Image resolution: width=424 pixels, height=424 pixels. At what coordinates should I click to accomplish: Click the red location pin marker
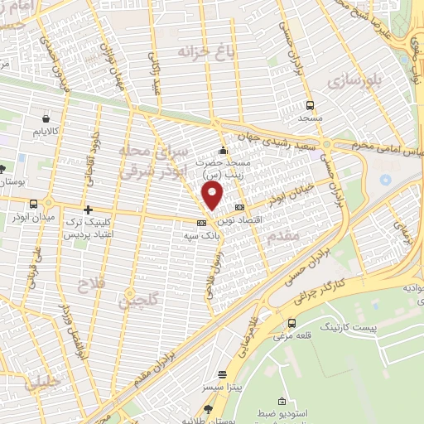tap(214, 196)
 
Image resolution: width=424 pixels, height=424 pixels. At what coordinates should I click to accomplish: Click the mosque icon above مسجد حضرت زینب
tap(222, 151)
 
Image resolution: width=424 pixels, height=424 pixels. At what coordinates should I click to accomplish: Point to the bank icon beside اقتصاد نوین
tap(240, 207)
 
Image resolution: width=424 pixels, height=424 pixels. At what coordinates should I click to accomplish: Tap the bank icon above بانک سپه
tap(201, 223)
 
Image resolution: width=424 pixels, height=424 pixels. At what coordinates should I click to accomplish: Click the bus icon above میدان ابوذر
tap(34, 204)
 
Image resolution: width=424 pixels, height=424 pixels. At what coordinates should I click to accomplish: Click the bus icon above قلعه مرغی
tap(291, 323)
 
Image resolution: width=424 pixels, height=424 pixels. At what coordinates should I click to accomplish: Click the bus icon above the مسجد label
tap(311, 105)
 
